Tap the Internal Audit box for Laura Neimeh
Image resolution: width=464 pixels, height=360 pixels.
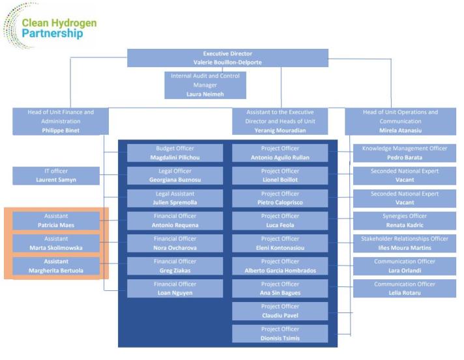click(x=205, y=85)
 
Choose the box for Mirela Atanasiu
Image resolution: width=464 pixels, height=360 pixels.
click(x=400, y=121)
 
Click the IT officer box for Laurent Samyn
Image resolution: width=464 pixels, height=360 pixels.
click(x=56, y=176)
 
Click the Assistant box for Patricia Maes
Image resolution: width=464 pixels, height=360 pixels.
click(x=56, y=221)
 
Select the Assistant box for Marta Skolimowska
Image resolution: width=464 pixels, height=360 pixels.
click(x=56, y=243)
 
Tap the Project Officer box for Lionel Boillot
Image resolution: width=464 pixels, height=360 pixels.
click(x=280, y=176)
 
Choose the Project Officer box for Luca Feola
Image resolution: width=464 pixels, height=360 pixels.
click(x=280, y=221)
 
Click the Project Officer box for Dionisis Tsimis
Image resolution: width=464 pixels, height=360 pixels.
click(x=280, y=333)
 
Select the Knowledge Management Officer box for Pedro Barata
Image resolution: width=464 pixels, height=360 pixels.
click(x=404, y=153)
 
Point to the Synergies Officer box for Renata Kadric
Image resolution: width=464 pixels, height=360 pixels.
click(x=404, y=221)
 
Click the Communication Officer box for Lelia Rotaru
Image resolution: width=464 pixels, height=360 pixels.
click(x=404, y=288)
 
